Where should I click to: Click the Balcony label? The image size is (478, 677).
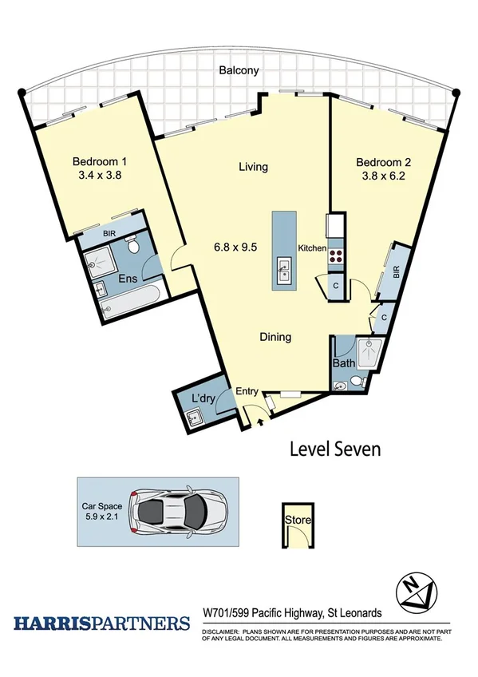tap(239, 70)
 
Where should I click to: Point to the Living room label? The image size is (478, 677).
tap(253, 168)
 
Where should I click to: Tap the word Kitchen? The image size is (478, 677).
tap(311, 248)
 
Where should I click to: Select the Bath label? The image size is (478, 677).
tap(345, 363)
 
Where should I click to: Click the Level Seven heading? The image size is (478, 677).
tap(334, 449)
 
